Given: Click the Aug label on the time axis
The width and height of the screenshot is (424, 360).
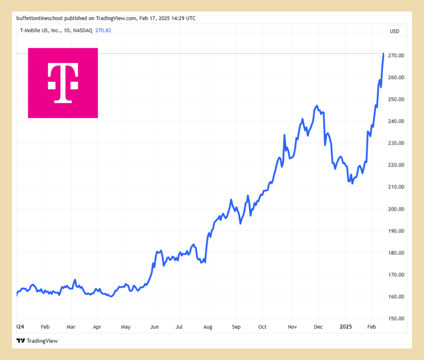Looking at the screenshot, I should pyautogui.click(x=208, y=327).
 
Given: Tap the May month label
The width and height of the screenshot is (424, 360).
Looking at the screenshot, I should pyautogui.click(x=125, y=327).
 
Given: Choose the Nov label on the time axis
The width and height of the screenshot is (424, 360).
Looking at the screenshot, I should pyautogui.click(x=292, y=327).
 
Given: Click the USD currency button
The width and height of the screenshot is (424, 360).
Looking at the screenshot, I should pyautogui.click(x=395, y=31).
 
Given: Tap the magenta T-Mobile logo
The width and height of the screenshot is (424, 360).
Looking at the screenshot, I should pyautogui.click(x=63, y=83).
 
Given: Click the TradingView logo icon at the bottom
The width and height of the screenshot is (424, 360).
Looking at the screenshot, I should pyautogui.click(x=20, y=341).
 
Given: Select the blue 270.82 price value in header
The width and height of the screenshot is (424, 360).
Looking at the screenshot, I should pyautogui.click(x=103, y=30).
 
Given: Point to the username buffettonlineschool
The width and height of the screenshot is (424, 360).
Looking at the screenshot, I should pyautogui.click(x=40, y=18).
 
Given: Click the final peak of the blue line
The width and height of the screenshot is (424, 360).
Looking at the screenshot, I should pyautogui.click(x=383, y=53).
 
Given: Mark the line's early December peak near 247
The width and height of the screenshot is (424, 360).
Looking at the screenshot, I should pyautogui.click(x=317, y=106).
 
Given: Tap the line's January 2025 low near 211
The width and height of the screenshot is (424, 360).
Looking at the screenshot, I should pyautogui.click(x=352, y=183).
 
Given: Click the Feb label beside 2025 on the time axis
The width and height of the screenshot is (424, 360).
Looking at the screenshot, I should pyautogui.click(x=372, y=327).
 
